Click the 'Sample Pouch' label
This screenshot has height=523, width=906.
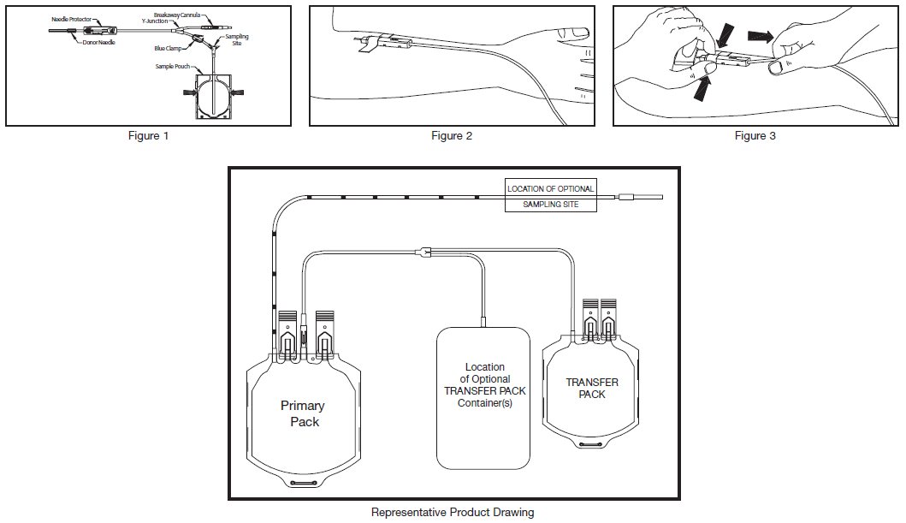click(173, 65)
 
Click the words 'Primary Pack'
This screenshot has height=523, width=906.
click(303, 413)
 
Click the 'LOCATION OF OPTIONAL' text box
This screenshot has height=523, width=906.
click(550, 188)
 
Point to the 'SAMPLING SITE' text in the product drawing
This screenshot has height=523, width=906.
click(550, 205)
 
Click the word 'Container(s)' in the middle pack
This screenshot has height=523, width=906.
click(484, 402)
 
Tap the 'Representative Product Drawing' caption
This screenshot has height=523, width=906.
click(453, 513)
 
